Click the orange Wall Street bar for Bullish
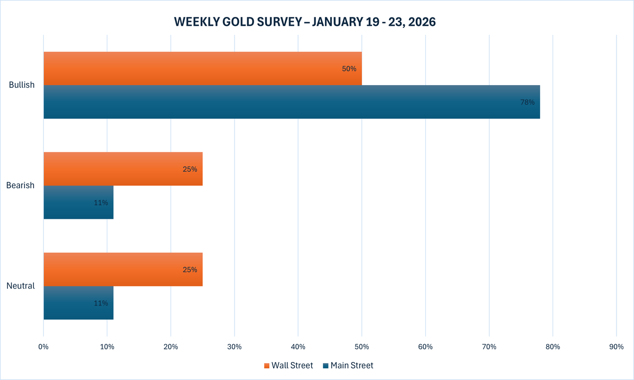pyautogui.click(x=202, y=69)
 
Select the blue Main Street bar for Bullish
pyautogui.click(x=292, y=102)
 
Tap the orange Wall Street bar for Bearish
pyautogui.click(x=123, y=169)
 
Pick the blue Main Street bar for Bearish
pyautogui.click(x=78, y=202)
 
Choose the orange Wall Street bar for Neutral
pyautogui.click(x=123, y=270)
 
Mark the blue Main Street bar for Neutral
pyautogui.click(x=78, y=303)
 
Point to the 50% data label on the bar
pyautogui.click(x=349, y=69)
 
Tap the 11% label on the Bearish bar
pyautogui.click(x=101, y=202)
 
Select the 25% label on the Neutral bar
pyautogui.click(x=190, y=270)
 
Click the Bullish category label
pyautogui.click(x=22, y=85)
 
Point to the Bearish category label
pyautogui.click(x=21, y=186)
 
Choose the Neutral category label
pyautogui.click(x=21, y=286)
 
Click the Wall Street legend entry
pyautogui.click(x=288, y=365)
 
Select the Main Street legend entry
pyautogui.click(x=348, y=365)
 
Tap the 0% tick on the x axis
pyautogui.click(x=43, y=347)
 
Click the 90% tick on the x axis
pyautogui.click(x=616, y=347)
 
